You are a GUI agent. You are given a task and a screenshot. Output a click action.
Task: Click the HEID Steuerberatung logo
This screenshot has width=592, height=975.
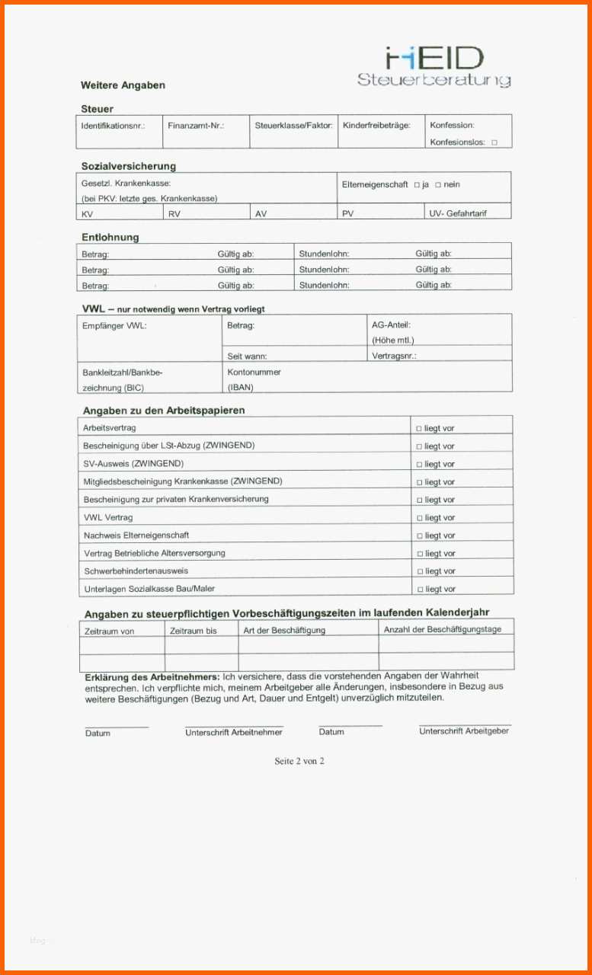click(434, 66)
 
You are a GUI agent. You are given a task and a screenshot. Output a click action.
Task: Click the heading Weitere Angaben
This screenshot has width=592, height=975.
click(123, 85)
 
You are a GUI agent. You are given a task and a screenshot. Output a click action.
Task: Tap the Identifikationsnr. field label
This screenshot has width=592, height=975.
click(113, 125)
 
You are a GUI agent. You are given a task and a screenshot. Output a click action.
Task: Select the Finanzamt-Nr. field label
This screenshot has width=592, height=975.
click(196, 125)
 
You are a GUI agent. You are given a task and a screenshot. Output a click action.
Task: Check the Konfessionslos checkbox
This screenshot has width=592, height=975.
click(494, 142)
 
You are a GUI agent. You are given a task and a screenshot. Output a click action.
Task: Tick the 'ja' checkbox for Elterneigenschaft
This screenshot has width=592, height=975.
click(417, 184)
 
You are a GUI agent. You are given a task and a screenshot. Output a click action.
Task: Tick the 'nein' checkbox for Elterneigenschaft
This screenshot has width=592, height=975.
click(438, 184)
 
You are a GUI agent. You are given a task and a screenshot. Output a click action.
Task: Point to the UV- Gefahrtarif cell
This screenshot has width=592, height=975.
click(458, 213)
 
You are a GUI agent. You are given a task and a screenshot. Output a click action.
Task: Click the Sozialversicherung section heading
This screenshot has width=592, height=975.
click(129, 166)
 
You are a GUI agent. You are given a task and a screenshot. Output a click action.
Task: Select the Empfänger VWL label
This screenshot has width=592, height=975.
click(114, 326)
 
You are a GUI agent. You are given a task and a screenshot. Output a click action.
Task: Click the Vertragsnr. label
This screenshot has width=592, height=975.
click(394, 356)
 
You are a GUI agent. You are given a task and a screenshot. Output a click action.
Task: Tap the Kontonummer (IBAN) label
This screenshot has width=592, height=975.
click(254, 379)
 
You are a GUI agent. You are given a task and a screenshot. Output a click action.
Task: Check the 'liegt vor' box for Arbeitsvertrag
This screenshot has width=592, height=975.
click(418, 429)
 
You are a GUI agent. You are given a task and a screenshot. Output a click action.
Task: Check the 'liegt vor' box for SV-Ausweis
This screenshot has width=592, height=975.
click(418, 465)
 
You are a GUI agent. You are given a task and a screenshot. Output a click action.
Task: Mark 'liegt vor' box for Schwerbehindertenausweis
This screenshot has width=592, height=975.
click(418, 571)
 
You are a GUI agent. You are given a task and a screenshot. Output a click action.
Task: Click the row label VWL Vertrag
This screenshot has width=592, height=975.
click(107, 517)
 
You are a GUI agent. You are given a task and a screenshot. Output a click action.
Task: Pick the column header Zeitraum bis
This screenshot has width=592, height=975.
click(193, 631)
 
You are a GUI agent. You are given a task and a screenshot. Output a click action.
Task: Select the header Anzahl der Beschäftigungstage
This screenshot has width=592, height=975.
click(443, 629)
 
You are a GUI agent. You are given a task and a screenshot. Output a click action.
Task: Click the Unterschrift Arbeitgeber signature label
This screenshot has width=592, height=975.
click(464, 731)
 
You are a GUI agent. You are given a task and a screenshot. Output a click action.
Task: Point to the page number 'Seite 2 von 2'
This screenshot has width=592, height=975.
click(299, 761)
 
